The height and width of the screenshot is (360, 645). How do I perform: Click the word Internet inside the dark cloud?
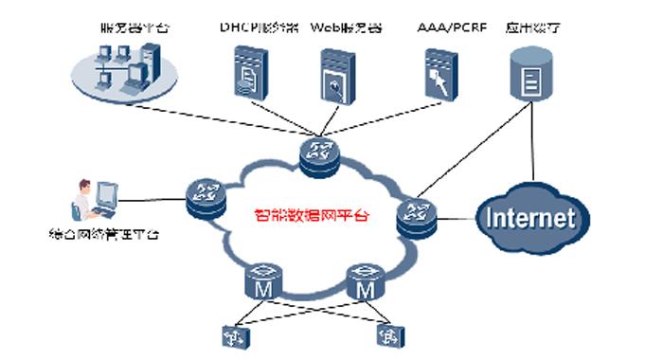[530, 218]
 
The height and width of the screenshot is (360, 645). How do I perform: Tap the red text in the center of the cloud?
[312, 215]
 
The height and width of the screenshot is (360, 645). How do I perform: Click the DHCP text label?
[249, 28]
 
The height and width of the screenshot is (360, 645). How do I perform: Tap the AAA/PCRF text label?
[451, 28]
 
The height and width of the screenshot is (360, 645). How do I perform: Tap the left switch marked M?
[263, 282]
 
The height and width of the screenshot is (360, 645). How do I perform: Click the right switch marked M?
[362, 282]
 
